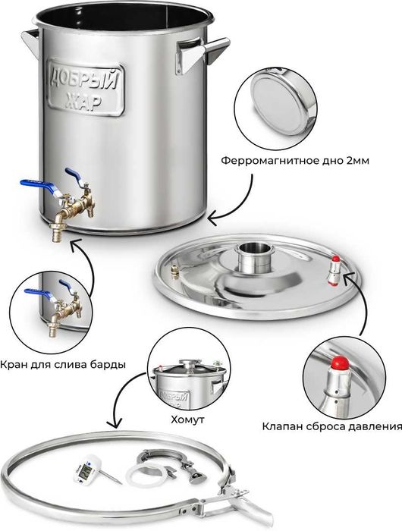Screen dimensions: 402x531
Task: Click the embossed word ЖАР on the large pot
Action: (83, 101)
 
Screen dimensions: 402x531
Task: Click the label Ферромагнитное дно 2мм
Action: (295, 161)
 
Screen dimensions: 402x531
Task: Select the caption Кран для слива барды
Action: (63, 365)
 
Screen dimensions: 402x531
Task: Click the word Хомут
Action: (187, 420)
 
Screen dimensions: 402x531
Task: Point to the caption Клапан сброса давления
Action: (332, 426)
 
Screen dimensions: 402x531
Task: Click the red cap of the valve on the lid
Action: (335, 259)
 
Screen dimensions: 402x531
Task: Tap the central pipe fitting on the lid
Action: (251, 256)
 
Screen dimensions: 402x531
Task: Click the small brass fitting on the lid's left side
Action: (174, 272)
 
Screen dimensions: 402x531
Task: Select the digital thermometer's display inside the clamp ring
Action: (86, 470)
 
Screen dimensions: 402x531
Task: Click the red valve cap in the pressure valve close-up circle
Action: (341, 363)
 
